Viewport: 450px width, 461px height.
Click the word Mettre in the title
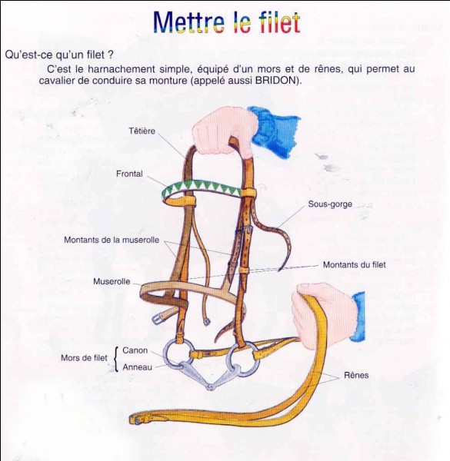(189, 22)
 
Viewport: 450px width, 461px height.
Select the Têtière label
(142, 131)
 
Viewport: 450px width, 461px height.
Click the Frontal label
(129, 174)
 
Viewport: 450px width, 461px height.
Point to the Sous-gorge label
(330, 204)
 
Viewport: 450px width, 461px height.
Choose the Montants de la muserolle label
(112, 240)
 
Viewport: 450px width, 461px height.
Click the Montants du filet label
(355, 264)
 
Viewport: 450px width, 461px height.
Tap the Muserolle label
(112, 281)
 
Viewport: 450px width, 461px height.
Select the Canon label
(135, 350)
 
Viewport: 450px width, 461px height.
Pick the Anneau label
(137, 367)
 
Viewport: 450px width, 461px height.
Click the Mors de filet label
(84, 358)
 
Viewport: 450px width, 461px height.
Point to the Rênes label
(356, 375)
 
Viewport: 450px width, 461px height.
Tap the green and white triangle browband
(202, 187)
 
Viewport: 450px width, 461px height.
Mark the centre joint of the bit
(210, 386)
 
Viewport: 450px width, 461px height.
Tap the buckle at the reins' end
(136, 419)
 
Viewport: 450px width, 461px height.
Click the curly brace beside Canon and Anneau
(117, 359)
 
